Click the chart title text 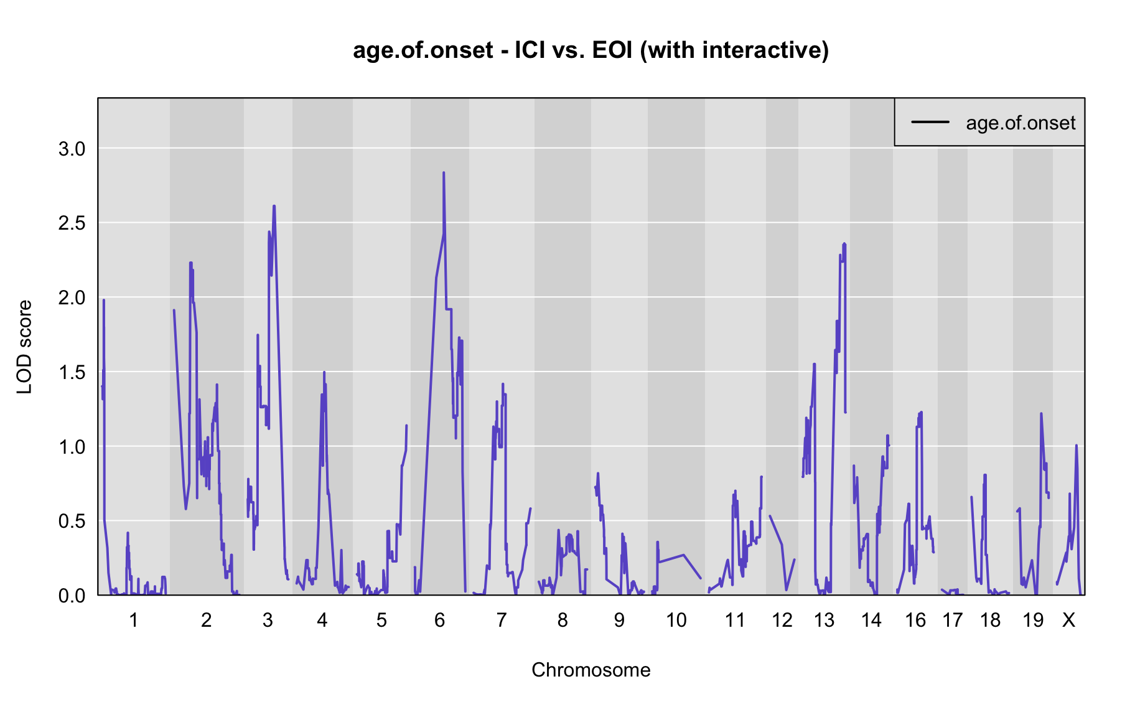[x=591, y=50]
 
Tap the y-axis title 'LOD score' [x=25, y=347]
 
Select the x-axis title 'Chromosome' [x=591, y=670]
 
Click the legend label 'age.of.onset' [x=1021, y=123]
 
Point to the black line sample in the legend [x=930, y=122]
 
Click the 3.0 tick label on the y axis [x=72, y=149]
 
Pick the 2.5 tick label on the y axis [x=72, y=223]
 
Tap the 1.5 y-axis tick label [x=72, y=372]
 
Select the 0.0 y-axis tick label [x=72, y=596]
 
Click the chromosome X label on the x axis [x=1068, y=620]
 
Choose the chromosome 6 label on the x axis [x=439, y=620]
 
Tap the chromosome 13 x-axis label [x=824, y=620]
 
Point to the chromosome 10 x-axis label [x=676, y=620]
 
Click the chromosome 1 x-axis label [x=133, y=620]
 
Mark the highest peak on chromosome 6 [x=444, y=172]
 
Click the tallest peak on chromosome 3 [x=274, y=205]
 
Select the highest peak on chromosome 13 [x=844, y=243]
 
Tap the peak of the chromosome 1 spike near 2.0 [x=104, y=300]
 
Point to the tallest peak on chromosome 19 [x=1040, y=413]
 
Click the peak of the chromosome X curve [x=1076, y=445]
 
